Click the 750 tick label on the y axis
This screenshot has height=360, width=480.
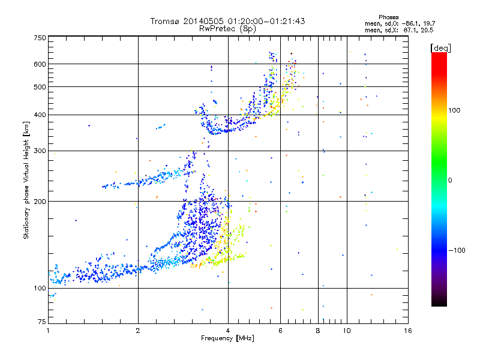click(x=40, y=38)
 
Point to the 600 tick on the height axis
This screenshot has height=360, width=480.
click(x=40, y=64)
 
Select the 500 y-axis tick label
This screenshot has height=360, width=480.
click(x=40, y=87)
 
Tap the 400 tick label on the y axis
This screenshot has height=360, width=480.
click(x=40, y=115)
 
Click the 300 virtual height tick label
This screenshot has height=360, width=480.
click(x=40, y=151)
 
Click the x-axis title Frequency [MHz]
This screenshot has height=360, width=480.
click(x=227, y=340)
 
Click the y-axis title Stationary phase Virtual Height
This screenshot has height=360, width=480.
click(x=26, y=180)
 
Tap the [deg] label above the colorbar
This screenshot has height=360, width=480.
click(x=441, y=47)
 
